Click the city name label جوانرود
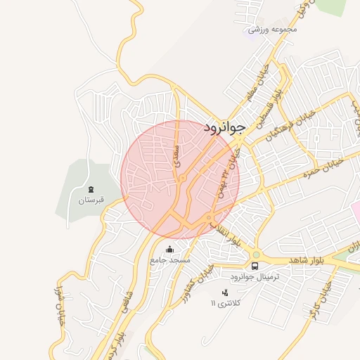(x=224, y=127)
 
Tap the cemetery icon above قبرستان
(x=91, y=188)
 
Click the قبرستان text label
(x=91, y=200)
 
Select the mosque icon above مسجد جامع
(x=169, y=249)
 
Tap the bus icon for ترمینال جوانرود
(x=255, y=266)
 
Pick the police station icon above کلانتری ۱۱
(x=225, y=292)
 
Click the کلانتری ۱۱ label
(x=226, y=303)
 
